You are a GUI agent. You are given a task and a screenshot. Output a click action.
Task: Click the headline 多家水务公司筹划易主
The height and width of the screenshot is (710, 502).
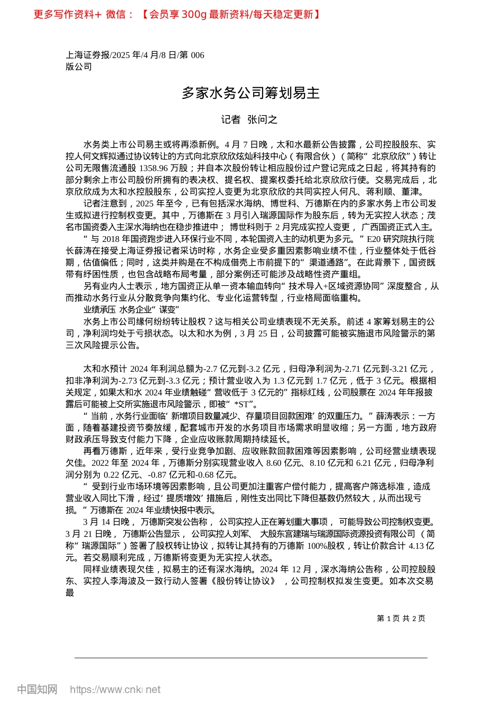pyautogui.click(x=251, y=94)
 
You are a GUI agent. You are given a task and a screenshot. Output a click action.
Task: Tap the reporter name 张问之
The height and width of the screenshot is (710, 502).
pyautogui.click(x=263, y=120)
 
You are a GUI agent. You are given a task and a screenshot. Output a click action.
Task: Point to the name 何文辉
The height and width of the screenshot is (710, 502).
pyautogui.click(x=93, y=156)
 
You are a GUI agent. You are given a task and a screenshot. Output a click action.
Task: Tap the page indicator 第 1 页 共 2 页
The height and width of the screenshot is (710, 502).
pyautogui.click(x=401, y=618)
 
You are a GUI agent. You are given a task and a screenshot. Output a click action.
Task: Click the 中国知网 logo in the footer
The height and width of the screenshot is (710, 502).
pyautogui.click(x=37, y=689)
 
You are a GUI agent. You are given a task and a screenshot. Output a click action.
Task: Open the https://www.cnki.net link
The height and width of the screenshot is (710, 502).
pyautogui.click(x=115, y=689)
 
